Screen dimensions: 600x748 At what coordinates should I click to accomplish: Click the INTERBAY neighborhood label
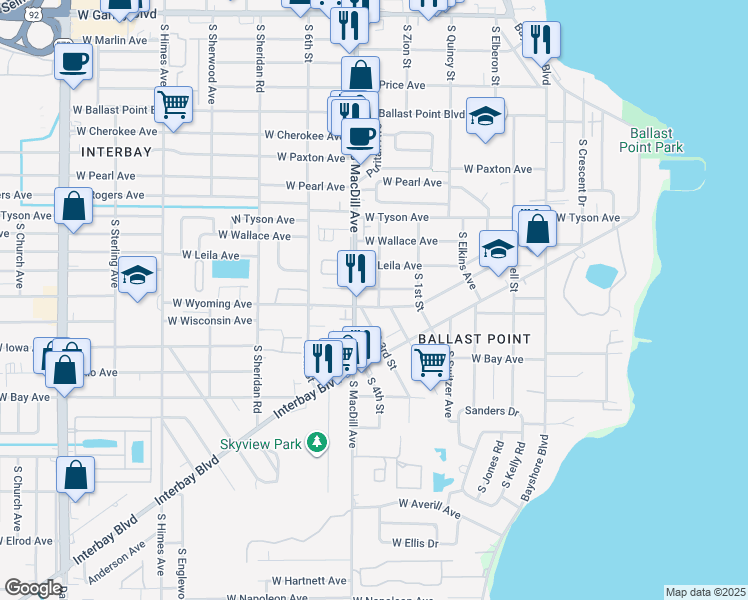pos(116,152)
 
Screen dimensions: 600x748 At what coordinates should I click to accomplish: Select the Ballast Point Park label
pos(656,140)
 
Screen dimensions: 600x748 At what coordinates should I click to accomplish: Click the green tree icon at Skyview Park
pos(317,441)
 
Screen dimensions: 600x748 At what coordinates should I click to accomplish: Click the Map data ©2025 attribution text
pos(705,592)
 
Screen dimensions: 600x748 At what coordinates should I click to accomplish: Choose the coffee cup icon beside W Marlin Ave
pos(73,63)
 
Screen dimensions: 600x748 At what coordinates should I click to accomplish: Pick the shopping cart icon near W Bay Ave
pos(430,363)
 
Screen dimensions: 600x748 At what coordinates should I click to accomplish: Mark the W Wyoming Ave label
pos(212,302)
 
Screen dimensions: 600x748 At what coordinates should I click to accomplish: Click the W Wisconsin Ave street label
pos(210,321)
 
